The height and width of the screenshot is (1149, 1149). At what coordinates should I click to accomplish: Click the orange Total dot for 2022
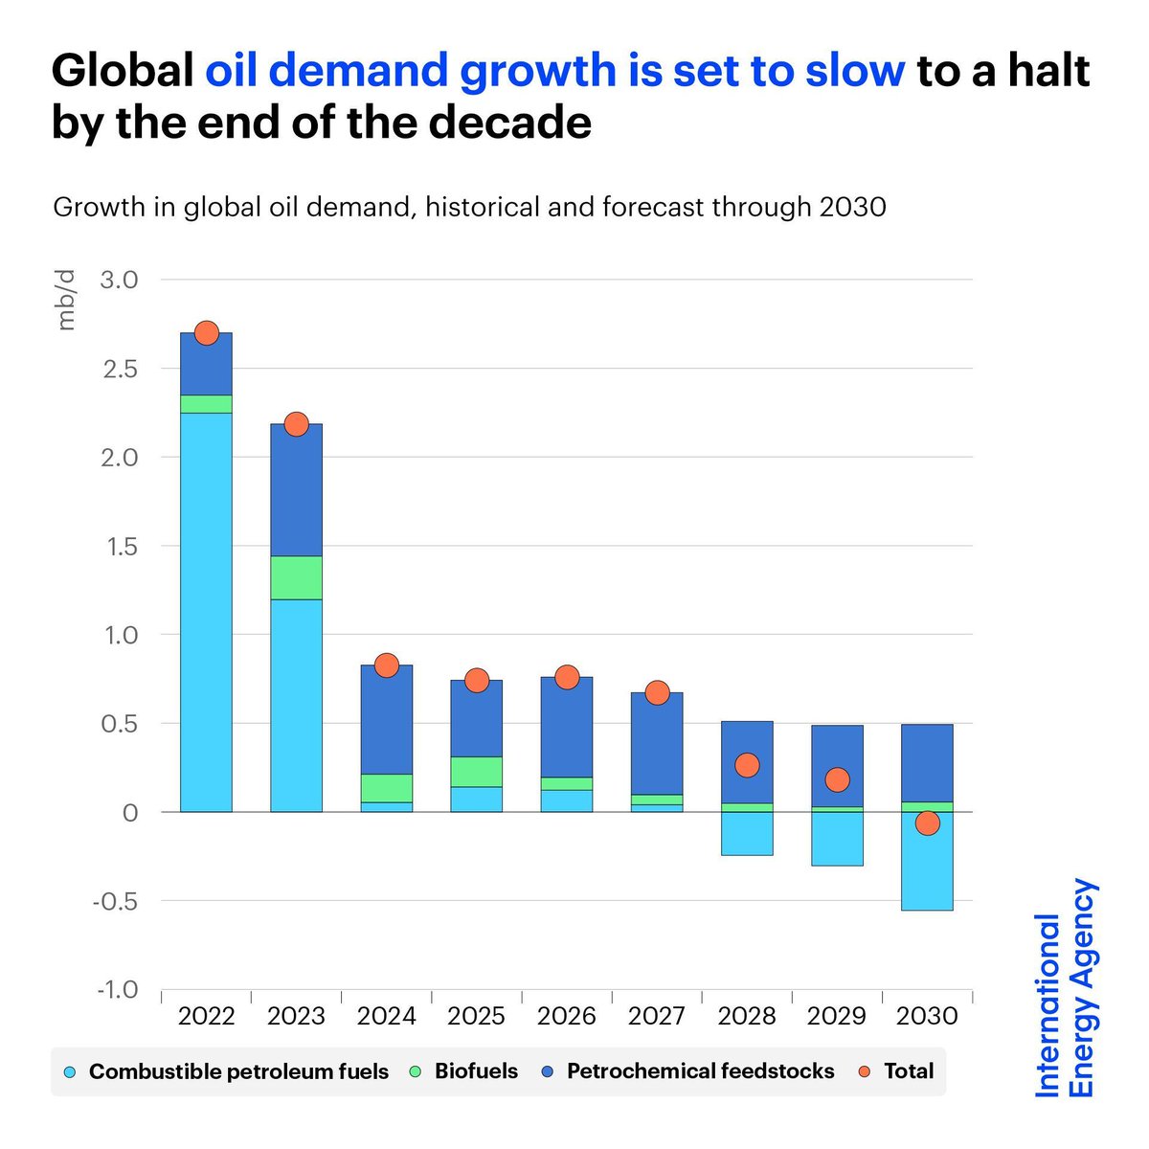click(207, 333)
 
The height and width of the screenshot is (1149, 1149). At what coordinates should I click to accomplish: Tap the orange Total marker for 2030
click(927, 823)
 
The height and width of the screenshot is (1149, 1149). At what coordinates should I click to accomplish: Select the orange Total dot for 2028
click(747, 765)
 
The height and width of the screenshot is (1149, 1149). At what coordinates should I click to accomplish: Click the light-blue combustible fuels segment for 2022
click(207, 613)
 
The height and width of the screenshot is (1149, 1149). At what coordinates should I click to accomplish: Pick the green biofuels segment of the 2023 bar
click(297, 577)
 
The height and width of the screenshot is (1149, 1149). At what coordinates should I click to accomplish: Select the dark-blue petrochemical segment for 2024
click(387, 719)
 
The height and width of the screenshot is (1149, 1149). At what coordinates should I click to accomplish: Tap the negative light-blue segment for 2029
click(837, 839)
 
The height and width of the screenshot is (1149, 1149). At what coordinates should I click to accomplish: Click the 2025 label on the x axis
click(477, 1017)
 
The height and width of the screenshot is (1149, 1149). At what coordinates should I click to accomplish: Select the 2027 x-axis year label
click(657, 1017)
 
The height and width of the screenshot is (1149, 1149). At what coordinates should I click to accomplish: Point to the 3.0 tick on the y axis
click(119, 281)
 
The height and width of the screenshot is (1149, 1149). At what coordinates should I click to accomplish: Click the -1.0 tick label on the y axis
click(117, 989)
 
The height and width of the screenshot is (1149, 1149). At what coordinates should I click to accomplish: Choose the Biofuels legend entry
click(475, 1071)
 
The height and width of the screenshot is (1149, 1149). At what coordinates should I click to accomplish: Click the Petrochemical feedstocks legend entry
click(699, 1071)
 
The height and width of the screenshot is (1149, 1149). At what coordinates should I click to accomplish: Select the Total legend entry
click(907, 1071)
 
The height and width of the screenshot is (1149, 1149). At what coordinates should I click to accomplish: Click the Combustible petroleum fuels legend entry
click(237, 1071)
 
